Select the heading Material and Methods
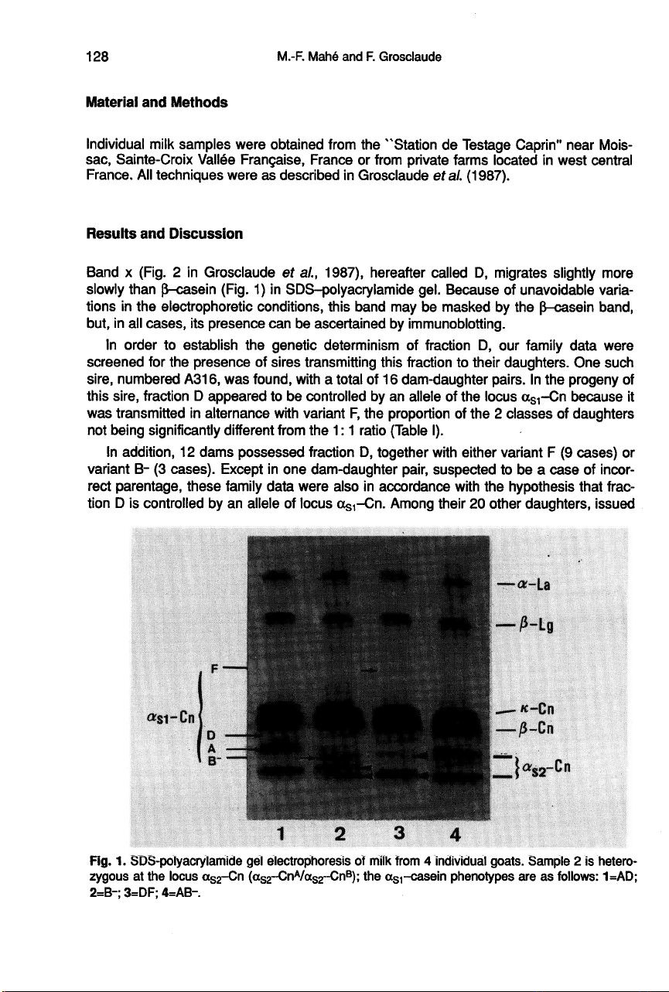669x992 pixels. (x=146, y=102)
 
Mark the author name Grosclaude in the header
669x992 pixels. (x=411, y=56)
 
